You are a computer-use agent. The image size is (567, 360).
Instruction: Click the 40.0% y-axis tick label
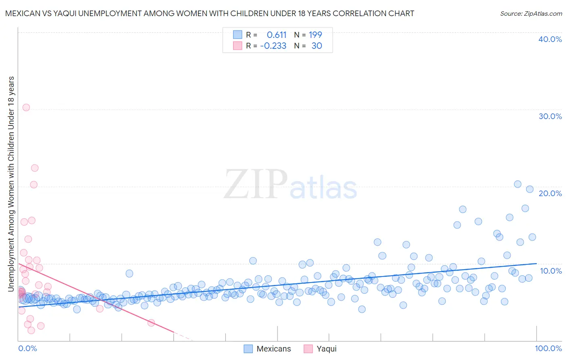tap(550, 39)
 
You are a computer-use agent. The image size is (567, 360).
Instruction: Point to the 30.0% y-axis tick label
tap(550, 116)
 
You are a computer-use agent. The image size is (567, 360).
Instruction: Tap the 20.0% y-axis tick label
tap(550, 193)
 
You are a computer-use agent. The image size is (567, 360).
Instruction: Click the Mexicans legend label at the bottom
tap(273, 349)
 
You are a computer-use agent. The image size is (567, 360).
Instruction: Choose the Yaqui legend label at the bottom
tap(326, 349)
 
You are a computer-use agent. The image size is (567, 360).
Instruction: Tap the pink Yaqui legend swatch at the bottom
tap(308, 349)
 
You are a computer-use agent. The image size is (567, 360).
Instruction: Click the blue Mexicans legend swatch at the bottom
tap(248, 349)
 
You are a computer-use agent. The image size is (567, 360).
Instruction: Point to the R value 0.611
tap(276, 35)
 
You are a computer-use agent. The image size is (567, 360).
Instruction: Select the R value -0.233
tap(273, 46)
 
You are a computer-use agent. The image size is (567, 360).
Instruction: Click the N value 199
tap(315, 35)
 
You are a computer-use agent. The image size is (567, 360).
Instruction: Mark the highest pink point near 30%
tap(26, 107)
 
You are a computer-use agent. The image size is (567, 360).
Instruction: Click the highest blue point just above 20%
tap(518, 184)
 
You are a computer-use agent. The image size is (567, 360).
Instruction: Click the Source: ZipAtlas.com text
tap(531, 14)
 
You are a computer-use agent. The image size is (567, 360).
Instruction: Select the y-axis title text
tap(11, 184)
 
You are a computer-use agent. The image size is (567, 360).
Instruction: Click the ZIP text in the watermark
tap(255, 184)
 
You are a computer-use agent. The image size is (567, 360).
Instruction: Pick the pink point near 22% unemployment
tap(35, 168)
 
